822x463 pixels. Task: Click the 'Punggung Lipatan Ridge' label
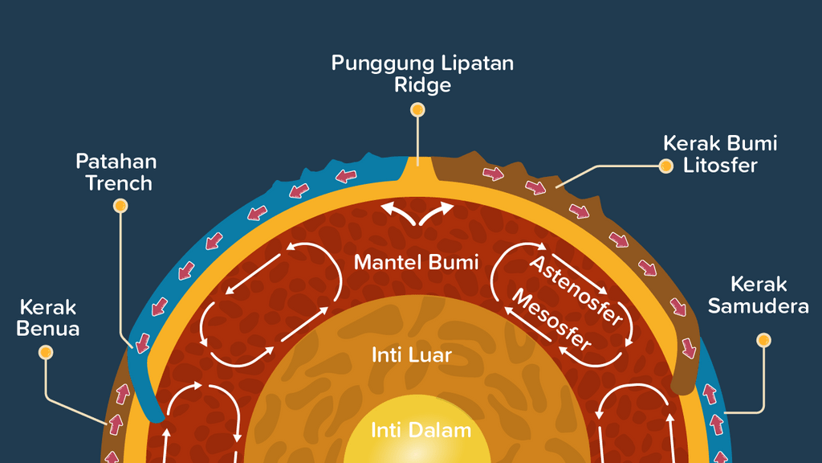pos(422,74)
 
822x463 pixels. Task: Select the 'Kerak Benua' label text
pos(48,318)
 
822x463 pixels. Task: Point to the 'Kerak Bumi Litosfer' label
pos(720,154)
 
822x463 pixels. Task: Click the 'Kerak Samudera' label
pos(769,295)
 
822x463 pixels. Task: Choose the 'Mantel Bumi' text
pos(416,262)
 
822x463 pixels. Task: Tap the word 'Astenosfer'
pos(576,292)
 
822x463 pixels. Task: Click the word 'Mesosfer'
pos(551,319)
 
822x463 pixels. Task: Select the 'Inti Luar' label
pos(412,354)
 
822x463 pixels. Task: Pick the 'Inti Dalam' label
pos(421,430)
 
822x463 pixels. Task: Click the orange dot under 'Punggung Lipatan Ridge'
pos(417,110)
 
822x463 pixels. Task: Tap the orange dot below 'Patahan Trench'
pos(120,207)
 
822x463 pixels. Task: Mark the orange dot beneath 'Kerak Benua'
pos(46,352)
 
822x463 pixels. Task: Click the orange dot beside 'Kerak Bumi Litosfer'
pos(665,166)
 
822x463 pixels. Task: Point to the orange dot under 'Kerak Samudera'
pos(763,340)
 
